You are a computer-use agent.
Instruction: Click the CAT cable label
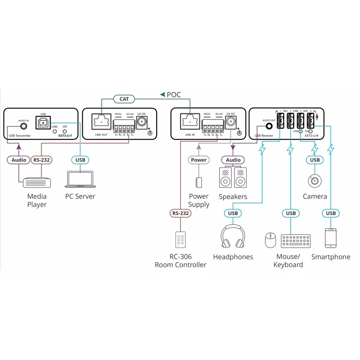[124, 99]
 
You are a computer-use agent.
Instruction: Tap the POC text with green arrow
[171, 94]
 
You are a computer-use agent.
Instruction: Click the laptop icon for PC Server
[80, 179]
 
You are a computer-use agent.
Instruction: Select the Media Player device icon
[37, 181]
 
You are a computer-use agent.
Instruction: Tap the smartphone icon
[331, 238]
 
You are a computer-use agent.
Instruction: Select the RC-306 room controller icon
[180, 240]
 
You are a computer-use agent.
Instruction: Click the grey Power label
[199, 160]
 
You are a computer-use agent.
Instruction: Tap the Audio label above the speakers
[233, 160]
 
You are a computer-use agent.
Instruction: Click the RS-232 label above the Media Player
[41, 160]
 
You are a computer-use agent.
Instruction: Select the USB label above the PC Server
[80, 160]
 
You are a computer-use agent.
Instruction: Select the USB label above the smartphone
[331, 213]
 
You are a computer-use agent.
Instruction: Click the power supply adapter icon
[198, 182]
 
